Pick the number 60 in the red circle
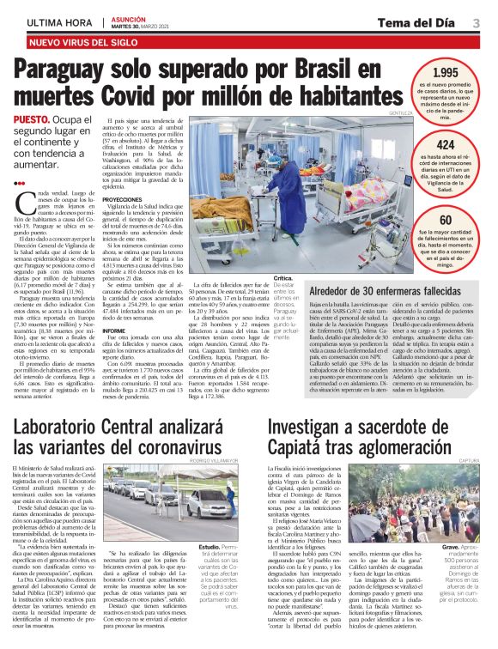pos(445,221)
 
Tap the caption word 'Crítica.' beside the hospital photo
pos(283,279)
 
